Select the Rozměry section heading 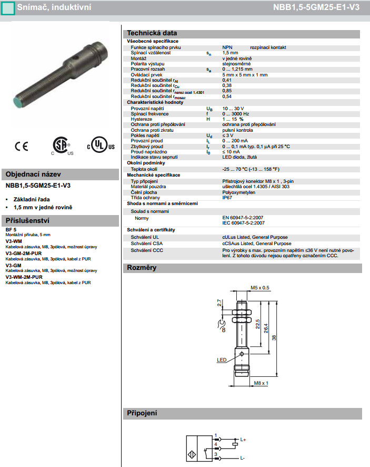click(142, 268)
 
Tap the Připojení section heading click(142, 413)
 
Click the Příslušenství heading click(27, 220)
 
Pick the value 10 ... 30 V click(233, 108)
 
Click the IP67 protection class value click(227, 197)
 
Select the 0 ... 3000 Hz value click(236, 113)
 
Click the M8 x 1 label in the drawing click(262, 383)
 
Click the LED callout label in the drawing click(222, 361)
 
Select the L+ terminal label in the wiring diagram click(243, 439)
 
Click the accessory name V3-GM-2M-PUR click(24, 253)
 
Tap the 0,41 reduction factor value click(227, 80)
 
